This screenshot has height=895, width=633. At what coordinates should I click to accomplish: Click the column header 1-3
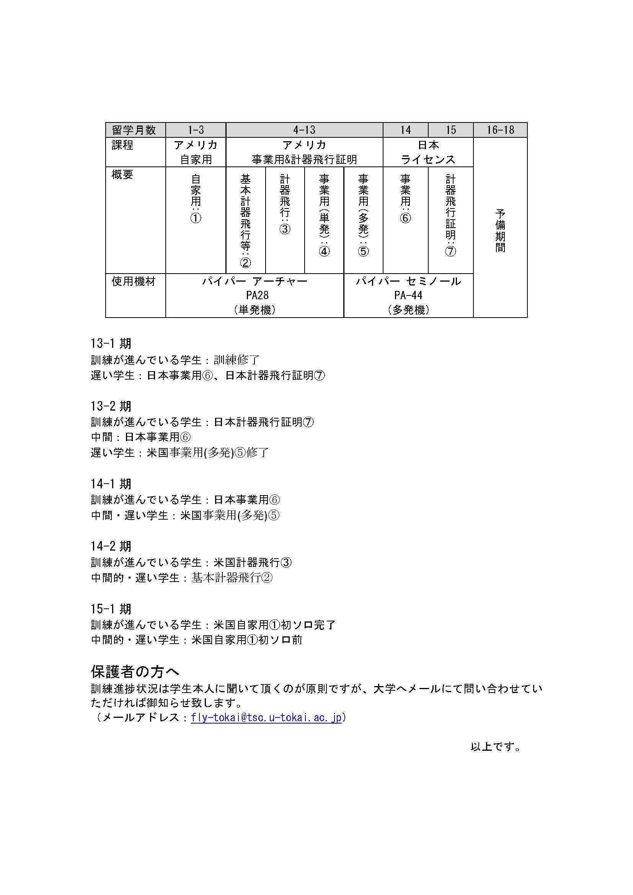(196, 130)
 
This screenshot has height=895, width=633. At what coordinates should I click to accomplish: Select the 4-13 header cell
(304, 130)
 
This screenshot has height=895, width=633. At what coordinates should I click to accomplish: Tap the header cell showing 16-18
(500, 130)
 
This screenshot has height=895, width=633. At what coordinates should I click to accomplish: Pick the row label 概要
(122, 174)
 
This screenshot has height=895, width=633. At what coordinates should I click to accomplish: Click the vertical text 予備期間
(500, 230)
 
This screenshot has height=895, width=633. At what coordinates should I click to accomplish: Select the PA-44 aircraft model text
(408, 295)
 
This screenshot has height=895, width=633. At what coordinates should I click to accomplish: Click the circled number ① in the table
(196, 218)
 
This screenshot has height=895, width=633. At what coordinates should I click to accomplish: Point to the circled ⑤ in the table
(363, 251)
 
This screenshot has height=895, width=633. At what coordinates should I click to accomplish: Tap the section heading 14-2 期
(111, 546)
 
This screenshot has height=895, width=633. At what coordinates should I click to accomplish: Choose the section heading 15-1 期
(111, 608)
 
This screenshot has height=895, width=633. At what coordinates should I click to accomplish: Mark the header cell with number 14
(405, 130)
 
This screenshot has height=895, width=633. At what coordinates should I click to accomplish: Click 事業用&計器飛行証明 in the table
(304, 160)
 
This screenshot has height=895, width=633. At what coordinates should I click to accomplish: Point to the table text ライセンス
(428, 160)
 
